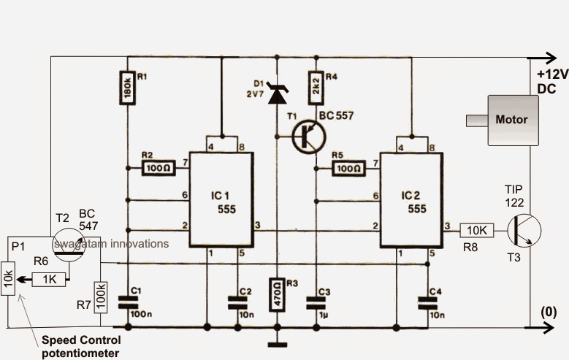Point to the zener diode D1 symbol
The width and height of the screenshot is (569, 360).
pyautogui.click(x=277, y=94)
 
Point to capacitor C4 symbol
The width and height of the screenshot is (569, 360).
pyautogui.click(x=422, y=300)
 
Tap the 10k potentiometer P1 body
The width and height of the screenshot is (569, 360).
pyautogui.click(x=7, y=277)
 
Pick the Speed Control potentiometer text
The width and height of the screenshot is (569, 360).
pyautogui.click(x=81, y=346)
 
